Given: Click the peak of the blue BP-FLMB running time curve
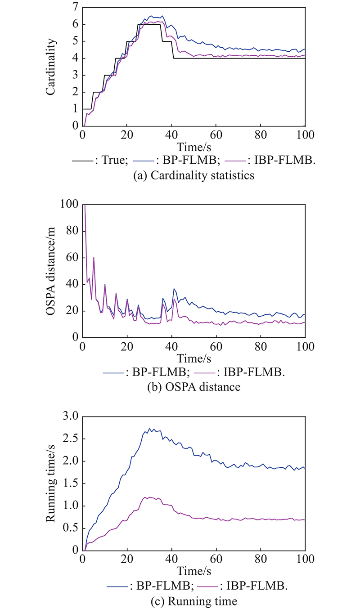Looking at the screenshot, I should coord(149,429).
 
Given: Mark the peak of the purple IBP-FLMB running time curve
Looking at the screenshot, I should coord(145,497).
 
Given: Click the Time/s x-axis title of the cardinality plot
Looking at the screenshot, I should coord(193,147).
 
